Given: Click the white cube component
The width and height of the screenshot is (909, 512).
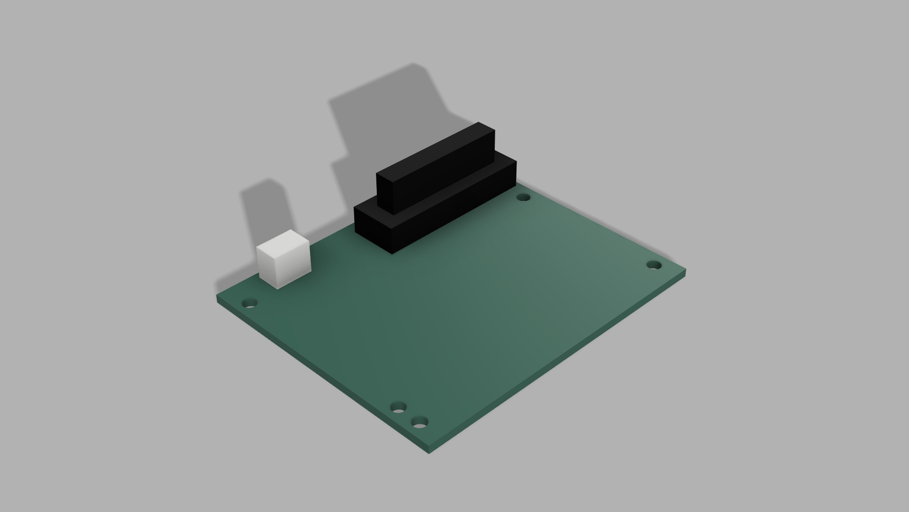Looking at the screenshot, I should [x=283, y=259].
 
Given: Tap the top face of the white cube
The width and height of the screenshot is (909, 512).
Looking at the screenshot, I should [x=283, y=242].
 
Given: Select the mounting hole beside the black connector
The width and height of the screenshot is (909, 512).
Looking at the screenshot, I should [x=523, y=197].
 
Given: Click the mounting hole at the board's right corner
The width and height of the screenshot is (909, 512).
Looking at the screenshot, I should [x=654, y=265].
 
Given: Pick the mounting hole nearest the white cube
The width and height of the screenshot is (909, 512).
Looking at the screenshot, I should [x=250, y=302].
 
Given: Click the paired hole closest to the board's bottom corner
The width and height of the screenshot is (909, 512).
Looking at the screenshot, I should [x=419, y=422].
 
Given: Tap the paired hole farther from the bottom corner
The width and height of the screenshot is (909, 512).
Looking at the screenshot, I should [x=399, y=407].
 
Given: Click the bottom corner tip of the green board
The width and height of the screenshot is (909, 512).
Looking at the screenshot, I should [x=429, y=451].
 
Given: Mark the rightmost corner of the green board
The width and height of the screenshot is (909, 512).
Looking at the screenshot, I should [x=685, y=272].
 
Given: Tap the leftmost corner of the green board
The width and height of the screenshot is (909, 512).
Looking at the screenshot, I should [x=218, y=298].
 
